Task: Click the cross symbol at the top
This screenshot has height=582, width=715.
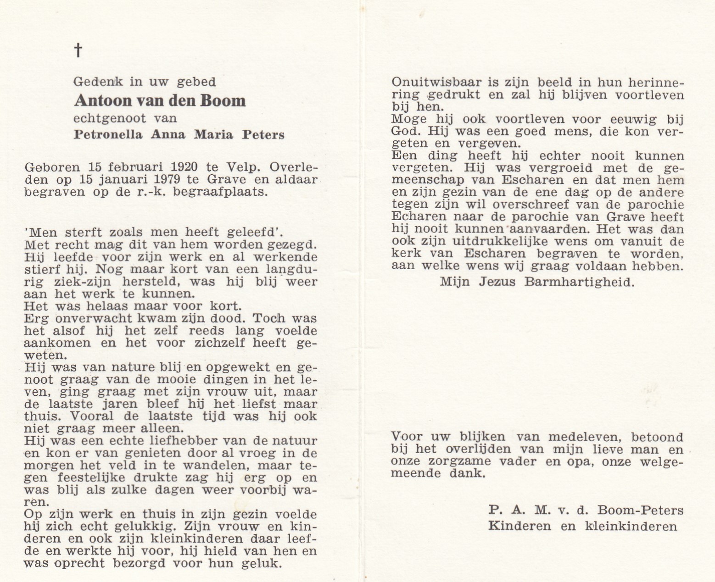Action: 78,50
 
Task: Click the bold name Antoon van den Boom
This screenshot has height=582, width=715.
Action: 160,100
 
